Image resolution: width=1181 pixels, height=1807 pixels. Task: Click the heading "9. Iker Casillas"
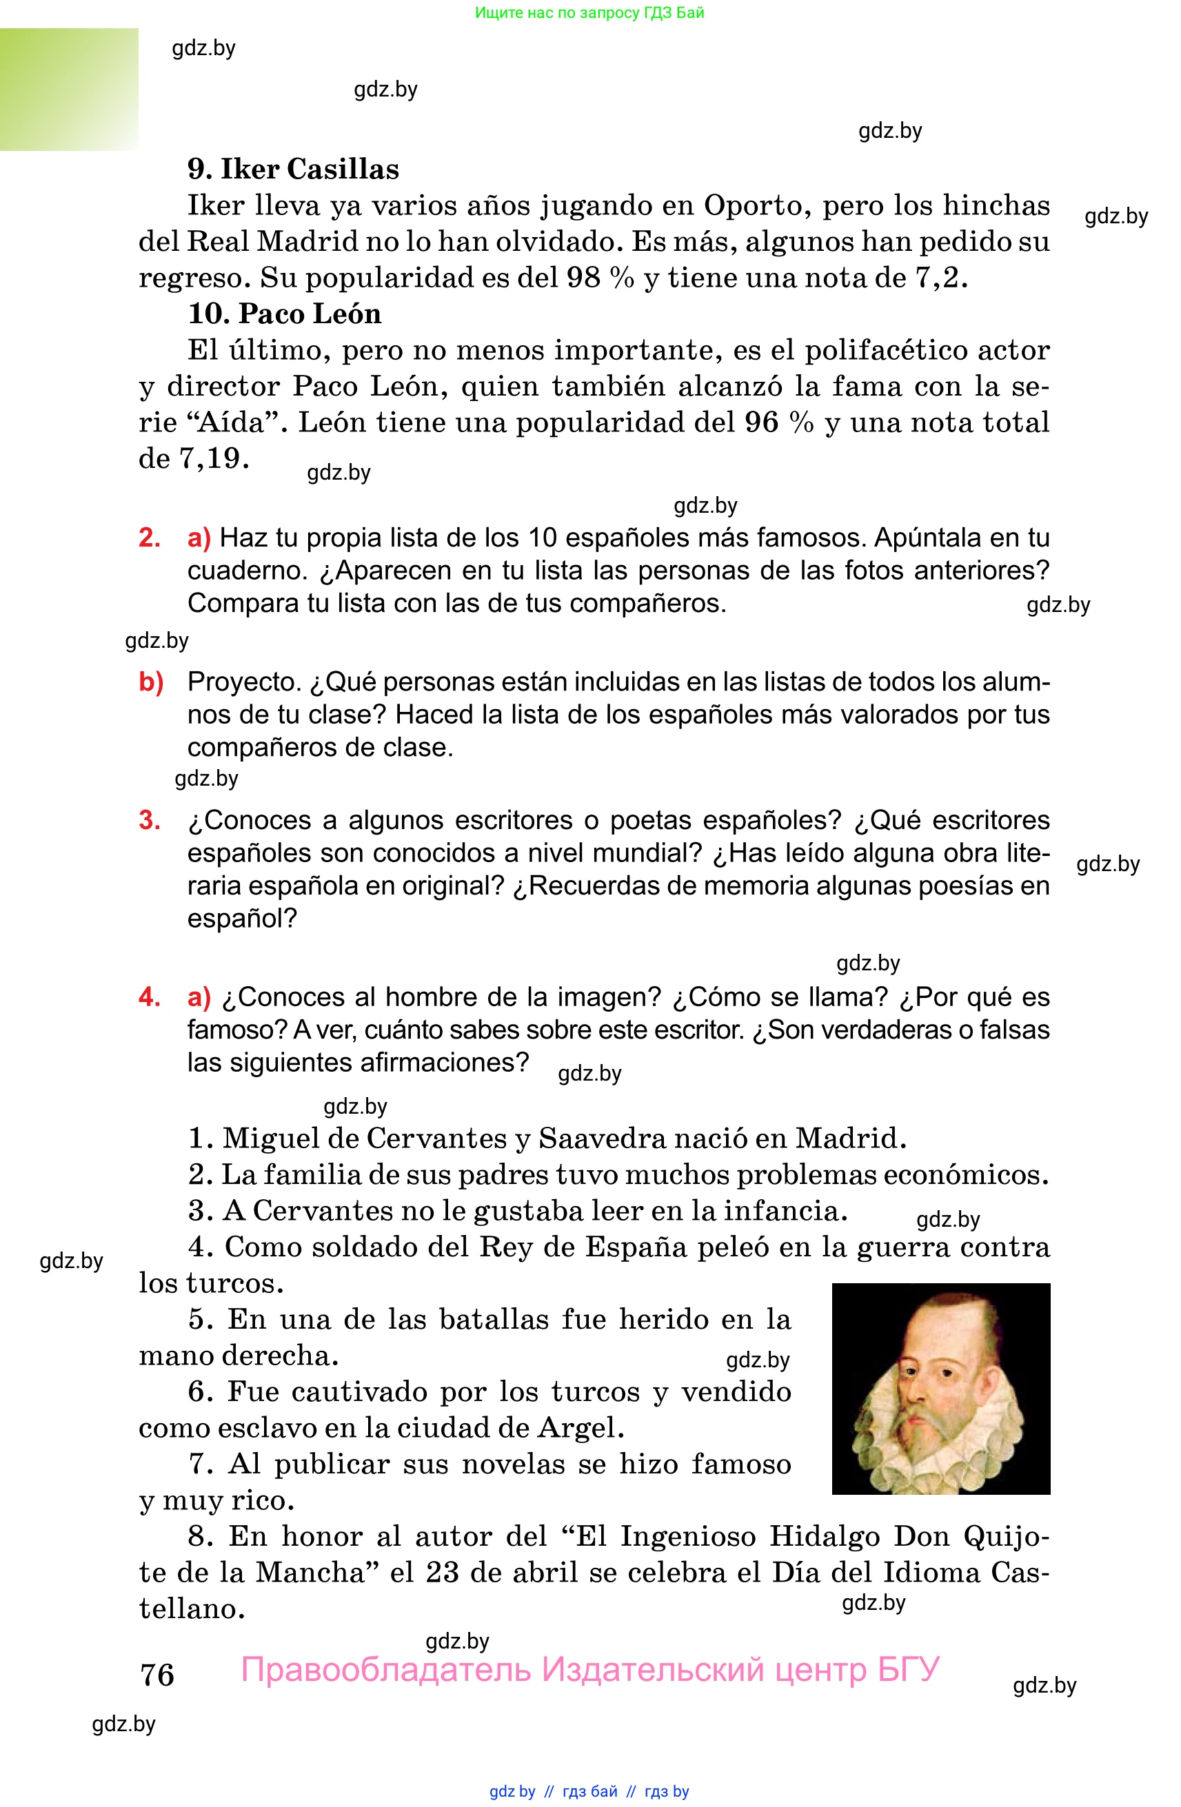[293, 170]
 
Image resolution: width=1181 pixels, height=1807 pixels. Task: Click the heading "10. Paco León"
[284, 314]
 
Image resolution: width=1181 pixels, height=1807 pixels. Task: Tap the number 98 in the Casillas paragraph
[583, 278]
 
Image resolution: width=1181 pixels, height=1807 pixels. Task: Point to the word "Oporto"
[752, 206]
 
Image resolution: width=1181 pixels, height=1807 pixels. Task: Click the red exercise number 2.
[149, 538]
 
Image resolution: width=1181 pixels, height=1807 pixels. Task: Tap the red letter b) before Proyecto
[151, 682]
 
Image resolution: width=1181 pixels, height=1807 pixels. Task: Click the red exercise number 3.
[149, 820]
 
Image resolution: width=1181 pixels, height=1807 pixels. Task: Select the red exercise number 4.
[149, 997]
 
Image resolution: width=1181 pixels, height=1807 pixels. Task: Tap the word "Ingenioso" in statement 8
[688, 1537]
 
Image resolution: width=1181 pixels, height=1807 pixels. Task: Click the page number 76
[157, 1675]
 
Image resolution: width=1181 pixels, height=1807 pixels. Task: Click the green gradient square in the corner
[68, 89]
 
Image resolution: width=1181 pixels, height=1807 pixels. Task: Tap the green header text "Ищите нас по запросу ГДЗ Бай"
[589, 13]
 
